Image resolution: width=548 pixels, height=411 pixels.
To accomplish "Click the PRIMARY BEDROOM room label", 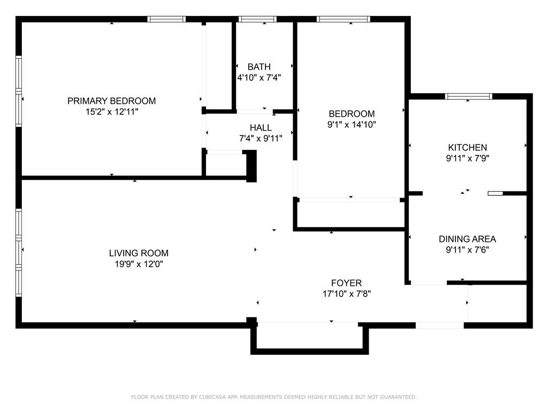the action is coord(111,101).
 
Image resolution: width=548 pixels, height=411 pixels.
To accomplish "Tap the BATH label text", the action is coord(259,67).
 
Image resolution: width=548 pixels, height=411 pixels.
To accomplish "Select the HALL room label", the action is coord(261,127).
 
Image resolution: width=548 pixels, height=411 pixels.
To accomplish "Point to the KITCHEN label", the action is coord(467,148).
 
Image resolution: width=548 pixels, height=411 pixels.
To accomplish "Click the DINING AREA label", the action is coord(467,239).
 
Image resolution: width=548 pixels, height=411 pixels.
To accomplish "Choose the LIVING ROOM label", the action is coord(139,253).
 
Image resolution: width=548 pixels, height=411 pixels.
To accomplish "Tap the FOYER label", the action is coord(346,283).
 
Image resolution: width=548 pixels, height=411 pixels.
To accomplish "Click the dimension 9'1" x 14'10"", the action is coord(352,124).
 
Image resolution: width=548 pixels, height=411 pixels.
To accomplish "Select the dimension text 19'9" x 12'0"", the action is coord(139,264).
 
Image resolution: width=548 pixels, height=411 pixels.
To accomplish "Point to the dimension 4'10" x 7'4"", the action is coord(259,78).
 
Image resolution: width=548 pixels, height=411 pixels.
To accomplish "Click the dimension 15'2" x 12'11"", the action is coord(112,112).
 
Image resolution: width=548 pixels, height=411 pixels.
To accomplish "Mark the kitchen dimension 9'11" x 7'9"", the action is coord(467,158).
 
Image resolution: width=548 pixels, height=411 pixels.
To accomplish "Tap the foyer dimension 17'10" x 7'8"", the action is coord(346,294).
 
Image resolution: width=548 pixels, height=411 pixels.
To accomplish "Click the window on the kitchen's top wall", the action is coord(468,96).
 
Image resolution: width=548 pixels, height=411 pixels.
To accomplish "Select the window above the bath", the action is coord(257,19).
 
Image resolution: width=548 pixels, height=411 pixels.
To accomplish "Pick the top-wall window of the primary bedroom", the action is coord(166,19).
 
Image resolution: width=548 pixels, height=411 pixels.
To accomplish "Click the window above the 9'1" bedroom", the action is coord(343,19).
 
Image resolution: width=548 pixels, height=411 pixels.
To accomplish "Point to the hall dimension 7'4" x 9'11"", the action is coord(261,139).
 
